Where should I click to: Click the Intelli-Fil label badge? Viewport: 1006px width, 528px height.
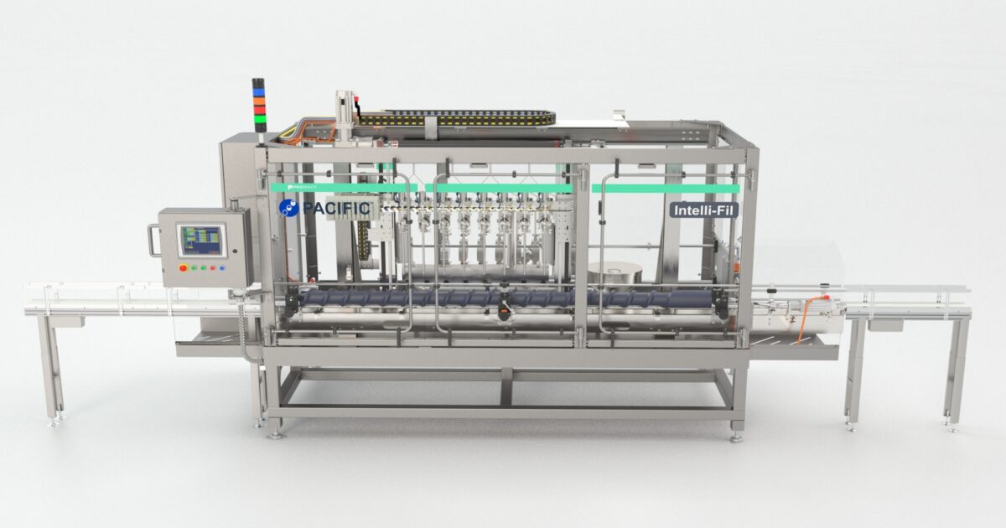tap(703, 210)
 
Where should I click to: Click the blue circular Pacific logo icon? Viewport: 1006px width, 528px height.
tap(289, 208)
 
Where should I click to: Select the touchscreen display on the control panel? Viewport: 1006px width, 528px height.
tap(201, 241)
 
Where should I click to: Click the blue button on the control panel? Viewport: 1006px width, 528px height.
tap(222, 268)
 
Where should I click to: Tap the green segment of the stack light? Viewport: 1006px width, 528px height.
tap(259, 119)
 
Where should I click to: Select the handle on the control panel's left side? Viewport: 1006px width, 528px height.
tap(153, 241)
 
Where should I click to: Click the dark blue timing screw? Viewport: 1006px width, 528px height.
tap(503, 298)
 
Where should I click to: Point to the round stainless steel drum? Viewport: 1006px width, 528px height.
tap(614, 273)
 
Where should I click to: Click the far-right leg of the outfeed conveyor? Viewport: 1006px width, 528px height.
tap(957, 370)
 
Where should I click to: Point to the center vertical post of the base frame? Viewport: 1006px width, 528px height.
tap(506, 387)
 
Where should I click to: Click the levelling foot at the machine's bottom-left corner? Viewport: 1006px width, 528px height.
tap(275, 432)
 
